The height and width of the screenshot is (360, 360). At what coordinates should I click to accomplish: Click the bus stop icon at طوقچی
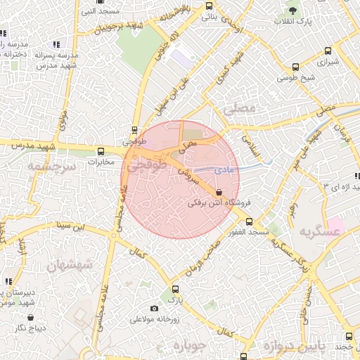click(134, 129)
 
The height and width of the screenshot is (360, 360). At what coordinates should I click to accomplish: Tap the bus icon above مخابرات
click(101, 150)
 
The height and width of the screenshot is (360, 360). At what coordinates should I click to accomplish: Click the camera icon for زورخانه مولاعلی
click(155, 308)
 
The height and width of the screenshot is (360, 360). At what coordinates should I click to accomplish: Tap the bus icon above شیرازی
click(328, 51)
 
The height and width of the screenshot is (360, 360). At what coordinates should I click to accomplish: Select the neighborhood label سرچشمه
click(50, 167)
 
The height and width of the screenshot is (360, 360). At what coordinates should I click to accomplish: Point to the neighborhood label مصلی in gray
click(240, 109)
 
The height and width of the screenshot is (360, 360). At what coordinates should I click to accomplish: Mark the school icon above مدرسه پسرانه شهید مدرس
click(56, 44)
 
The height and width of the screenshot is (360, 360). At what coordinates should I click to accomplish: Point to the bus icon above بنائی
click(209, 6)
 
